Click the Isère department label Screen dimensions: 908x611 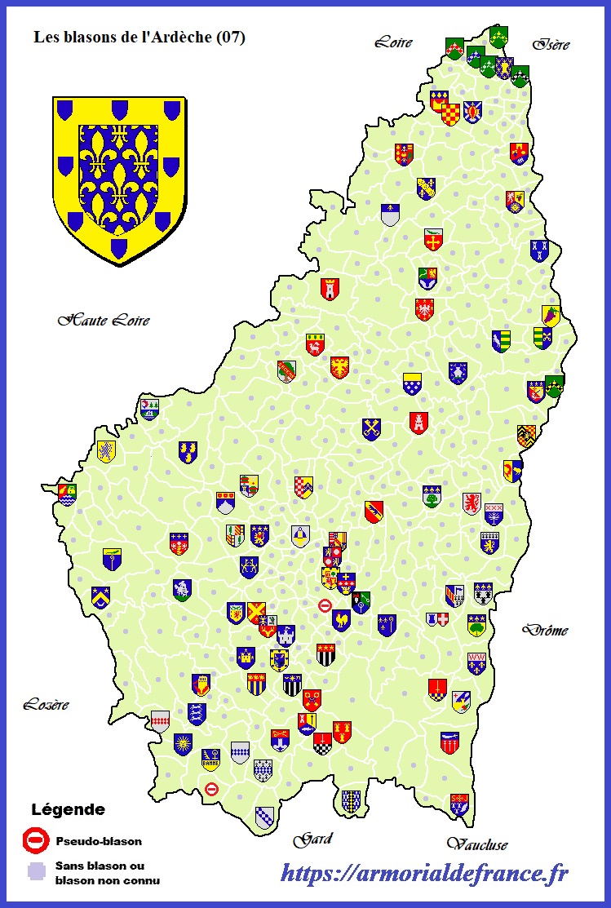click(551, 44)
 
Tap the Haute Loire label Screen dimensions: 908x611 click(103, 321)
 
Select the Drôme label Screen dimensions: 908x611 click(545, 630)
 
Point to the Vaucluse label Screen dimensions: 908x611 click(477, 844)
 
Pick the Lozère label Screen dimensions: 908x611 click(46, 704)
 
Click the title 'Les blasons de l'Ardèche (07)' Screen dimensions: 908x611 click(139, 38)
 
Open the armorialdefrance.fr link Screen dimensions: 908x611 click(424, 874)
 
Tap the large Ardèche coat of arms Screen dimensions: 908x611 click(119, 179)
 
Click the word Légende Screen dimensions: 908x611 click(68, 810)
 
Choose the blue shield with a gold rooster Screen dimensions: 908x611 click(341, 620)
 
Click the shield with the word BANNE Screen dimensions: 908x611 click(210, 760)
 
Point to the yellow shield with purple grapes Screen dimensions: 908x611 click(551, 316)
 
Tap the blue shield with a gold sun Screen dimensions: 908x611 click(183, 744)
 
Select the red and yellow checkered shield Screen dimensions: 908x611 click(450, 114)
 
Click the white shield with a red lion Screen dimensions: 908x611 click(472, 503)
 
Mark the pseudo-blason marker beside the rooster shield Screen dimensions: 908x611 click(325, 605)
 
